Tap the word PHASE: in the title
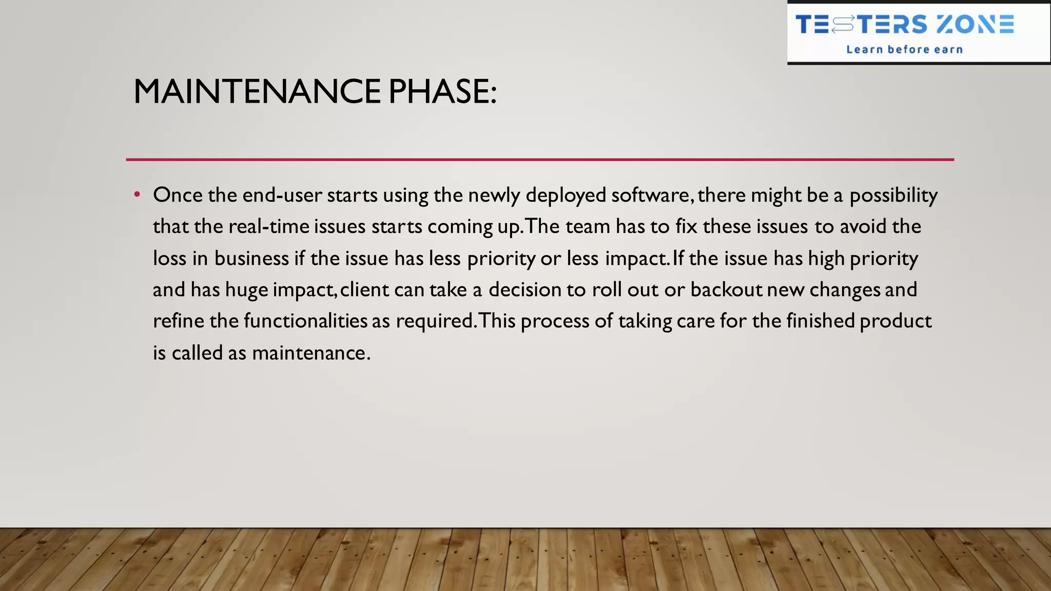point(442,92)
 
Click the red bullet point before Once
point(137,194)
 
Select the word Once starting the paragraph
point(178,195)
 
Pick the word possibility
point(893,196)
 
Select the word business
point(251,258)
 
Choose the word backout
point(726,290)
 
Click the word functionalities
point(305,321)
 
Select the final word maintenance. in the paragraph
point(311,353)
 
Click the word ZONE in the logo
point(975,25)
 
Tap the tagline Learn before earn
point(904,50)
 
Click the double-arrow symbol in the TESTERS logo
point(843,24)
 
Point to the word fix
point(686,227)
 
